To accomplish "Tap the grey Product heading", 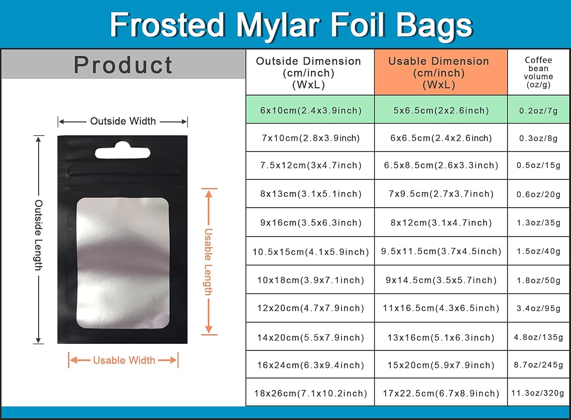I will click(123, 65).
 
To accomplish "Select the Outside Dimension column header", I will click(308, 72).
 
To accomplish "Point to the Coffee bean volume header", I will click(538, 72).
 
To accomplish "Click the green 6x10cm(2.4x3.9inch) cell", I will click(311, 110).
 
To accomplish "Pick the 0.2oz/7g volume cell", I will click(538, 111).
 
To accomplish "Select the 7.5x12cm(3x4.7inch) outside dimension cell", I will click(311, 165).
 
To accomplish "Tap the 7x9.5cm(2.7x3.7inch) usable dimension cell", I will click(441, 194).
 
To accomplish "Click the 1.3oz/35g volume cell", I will click(538, 222).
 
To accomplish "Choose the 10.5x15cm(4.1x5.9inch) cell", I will click(311, 252).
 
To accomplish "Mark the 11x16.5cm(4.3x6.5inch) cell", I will click(441, 308).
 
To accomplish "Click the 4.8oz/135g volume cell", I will click(538, 337).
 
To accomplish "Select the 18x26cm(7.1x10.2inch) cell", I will click(311, 393).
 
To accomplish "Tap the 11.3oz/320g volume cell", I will click(538, 393).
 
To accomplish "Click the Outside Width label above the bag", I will click(123, 121).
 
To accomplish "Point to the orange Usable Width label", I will click(124, 360).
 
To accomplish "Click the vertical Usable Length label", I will click(208, 262).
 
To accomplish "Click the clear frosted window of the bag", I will click(123, 263).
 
